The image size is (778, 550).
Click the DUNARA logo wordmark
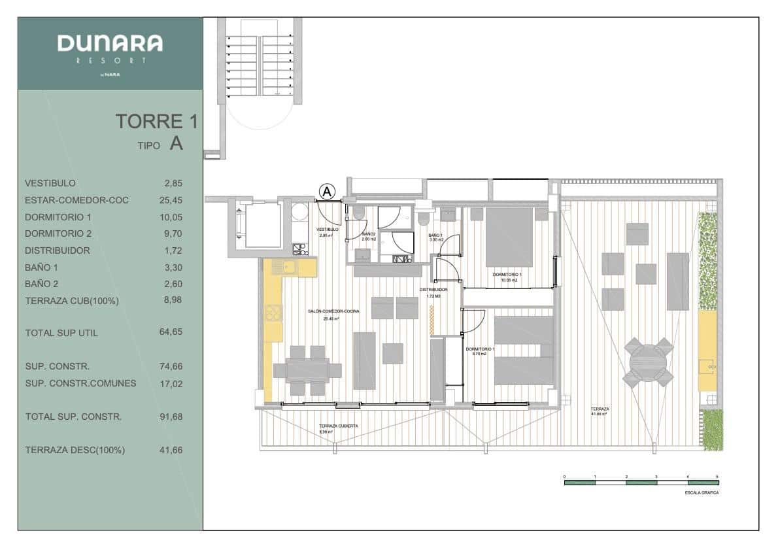coord(110,44)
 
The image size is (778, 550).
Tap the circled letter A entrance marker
coord(327,191)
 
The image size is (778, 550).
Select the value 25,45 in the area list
coord(171,200)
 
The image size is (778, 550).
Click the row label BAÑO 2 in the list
coord(42,284)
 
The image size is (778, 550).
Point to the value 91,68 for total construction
coord(171,417)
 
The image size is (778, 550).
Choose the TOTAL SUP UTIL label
coord(61,333)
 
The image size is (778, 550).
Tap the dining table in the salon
coord(307,370)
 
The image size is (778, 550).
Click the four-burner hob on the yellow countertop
coord(272,313)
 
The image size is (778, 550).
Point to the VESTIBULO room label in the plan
coord(327,230)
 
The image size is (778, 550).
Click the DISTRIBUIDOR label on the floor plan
coord(433,289)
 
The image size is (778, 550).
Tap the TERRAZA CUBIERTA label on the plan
coord(339,426)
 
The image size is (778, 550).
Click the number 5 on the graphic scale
coord(717,476)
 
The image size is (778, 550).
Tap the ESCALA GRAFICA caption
coord(702,492)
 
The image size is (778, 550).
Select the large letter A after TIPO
coord(176,144)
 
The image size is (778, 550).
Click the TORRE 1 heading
coord(156,122)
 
